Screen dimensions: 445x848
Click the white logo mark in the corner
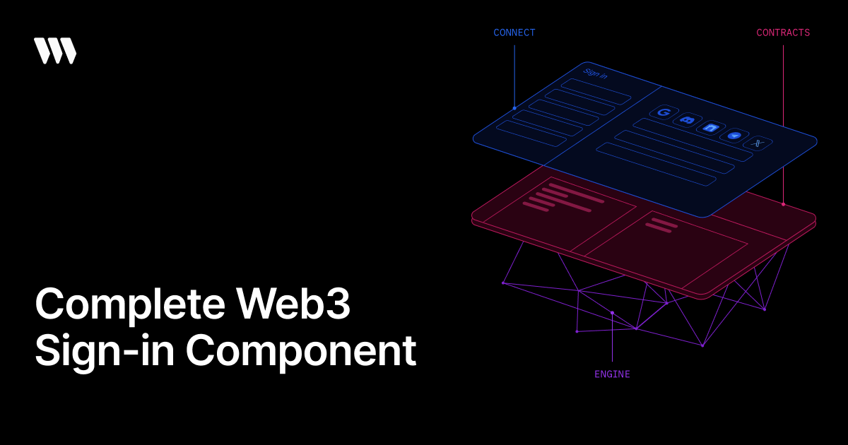point(55,51)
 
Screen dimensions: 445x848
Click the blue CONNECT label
point(514,32)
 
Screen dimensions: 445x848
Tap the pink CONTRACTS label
point(783,32)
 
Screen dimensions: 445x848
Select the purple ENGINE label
point(612,374)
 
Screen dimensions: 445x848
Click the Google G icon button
point(664,112)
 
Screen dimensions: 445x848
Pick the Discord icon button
point(687,120)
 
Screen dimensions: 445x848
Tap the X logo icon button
point(758,143)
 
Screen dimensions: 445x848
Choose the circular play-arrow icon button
point(734,135)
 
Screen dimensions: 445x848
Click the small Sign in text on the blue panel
point(595,73)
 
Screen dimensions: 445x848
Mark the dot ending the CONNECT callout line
point(514,108)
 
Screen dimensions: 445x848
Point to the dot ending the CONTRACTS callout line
point(783,204)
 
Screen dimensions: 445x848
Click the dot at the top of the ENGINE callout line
point(612,312)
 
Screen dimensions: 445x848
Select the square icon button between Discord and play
point(711,128)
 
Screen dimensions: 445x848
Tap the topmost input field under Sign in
point(596,92)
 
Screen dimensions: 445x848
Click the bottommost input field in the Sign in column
point(531,133)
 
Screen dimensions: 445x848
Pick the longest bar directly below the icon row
point(693,140)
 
